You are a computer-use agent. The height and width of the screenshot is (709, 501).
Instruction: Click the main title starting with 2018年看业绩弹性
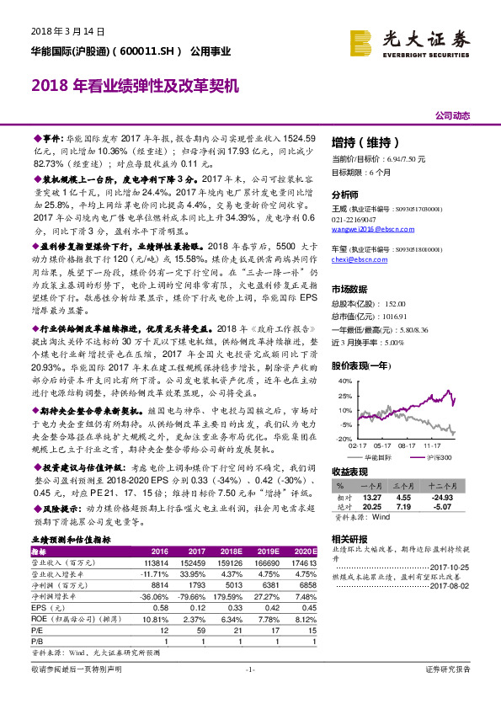coord(136,86)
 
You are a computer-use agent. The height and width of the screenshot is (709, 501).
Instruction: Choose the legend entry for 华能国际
coord(377,456)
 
